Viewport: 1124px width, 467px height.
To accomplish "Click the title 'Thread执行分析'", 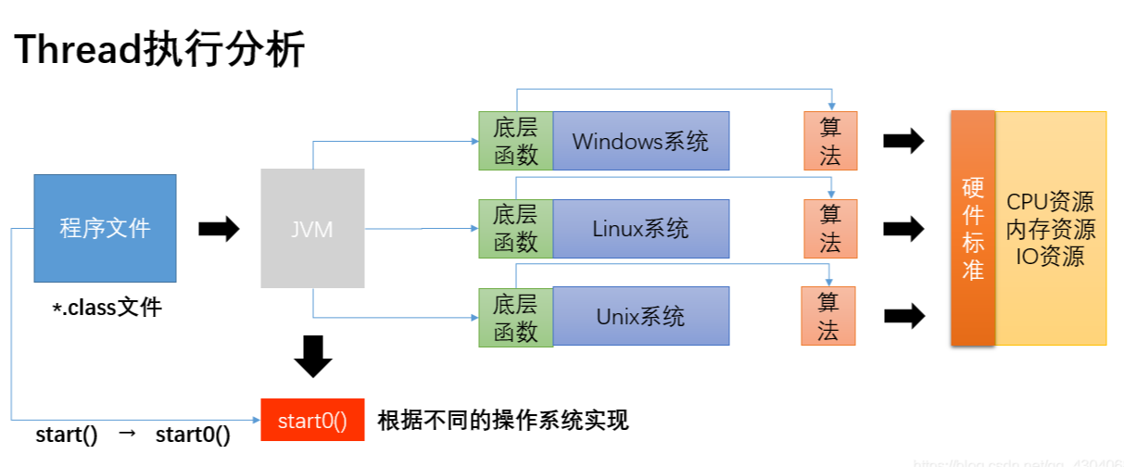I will (159, 51).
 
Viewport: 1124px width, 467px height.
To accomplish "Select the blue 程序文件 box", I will (105, 228).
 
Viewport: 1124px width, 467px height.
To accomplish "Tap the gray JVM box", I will (311, 229).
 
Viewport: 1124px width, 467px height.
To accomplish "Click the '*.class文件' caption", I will (107, 308).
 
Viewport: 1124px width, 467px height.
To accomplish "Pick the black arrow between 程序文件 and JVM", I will (219, 229).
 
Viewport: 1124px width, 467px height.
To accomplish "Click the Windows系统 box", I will (640, 141).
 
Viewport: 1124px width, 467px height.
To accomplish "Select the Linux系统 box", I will (640, 228).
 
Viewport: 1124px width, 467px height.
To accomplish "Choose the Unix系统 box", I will (640, 316).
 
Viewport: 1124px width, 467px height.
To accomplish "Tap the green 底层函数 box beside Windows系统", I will (515, 141).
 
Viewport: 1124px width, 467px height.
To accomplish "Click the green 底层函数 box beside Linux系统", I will (515, 228).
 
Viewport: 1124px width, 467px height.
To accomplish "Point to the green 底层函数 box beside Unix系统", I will (515, 317).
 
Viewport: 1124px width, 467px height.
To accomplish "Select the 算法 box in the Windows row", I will (830, 141).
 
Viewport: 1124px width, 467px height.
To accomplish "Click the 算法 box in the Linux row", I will (830, 228).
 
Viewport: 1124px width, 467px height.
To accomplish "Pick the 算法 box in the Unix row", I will (828, 316).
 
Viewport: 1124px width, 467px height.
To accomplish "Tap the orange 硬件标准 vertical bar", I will (973, 228).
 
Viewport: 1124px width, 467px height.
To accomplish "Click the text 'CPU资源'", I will (1050, 202).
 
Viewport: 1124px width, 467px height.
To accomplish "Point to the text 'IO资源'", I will (1050, 257).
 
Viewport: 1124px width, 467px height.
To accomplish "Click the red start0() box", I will (312, 421).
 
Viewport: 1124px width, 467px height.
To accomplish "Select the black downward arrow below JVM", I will (313, 356).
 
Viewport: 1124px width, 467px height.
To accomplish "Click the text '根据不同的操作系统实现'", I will (503, 421).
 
